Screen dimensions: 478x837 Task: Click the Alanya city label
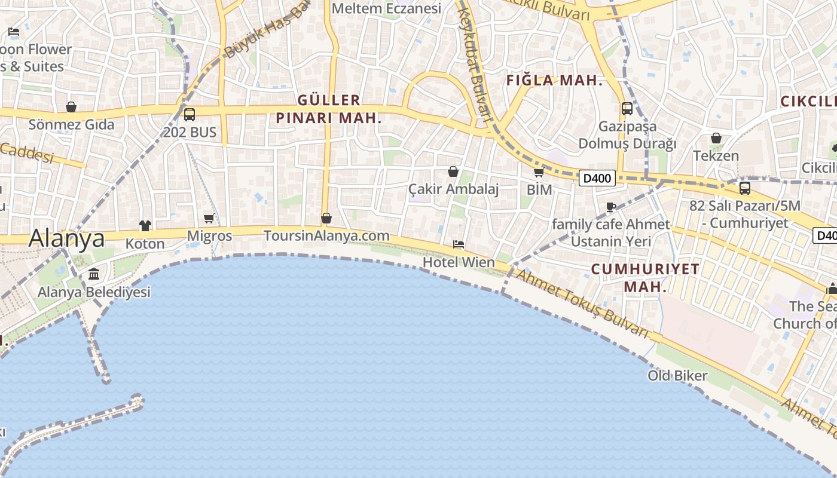click(x=66, y=238)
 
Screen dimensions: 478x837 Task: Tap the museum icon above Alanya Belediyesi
click(x=94, y=274)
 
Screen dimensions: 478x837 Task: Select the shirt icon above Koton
click(x=145, y=225)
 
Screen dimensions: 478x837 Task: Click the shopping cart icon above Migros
click(x=209, y=219)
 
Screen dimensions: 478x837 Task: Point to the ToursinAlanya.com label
click(x=326, y=235)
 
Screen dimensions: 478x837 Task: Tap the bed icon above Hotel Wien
click(x=459, y=244)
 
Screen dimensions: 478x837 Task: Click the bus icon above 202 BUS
click(x=190, y=114)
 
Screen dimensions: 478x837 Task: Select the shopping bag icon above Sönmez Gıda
click(x=71, y=107)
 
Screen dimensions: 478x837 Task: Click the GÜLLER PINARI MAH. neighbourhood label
click(x=329, y=109)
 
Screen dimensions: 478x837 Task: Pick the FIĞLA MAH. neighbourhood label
click(x=554, y=81)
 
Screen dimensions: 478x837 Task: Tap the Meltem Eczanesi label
click(x=386, y=8)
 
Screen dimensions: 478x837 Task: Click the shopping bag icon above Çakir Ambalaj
click(x=453, y=171)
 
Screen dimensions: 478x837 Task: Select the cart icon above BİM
click(x=539, y=173)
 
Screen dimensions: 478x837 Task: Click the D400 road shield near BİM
click(x=597, y=177)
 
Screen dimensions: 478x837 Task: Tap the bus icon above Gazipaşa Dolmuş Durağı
click(x=627, y=109)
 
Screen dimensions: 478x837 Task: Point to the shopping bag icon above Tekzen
click(x=716, y=138)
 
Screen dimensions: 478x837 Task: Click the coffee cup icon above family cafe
click(x=610, y=207)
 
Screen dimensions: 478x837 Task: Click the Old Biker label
click(x=677, y=376)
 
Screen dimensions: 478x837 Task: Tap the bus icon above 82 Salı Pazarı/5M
click(x=745, y=188)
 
